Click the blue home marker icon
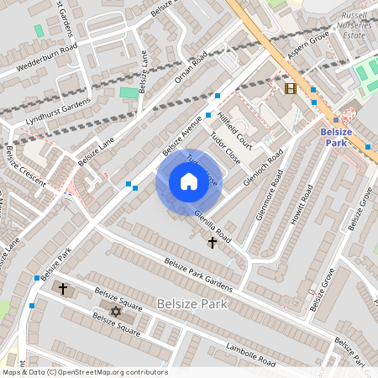click(x=188, y=181)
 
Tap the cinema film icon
click(x=291, y=88)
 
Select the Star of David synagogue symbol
click(x=116, y=312)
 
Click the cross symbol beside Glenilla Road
click(x=213, y=243)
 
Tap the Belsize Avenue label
click(x=184, y=133)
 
